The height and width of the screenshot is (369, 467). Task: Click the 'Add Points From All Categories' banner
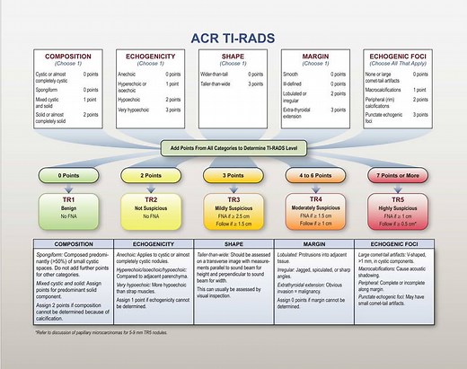click(234, 145)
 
